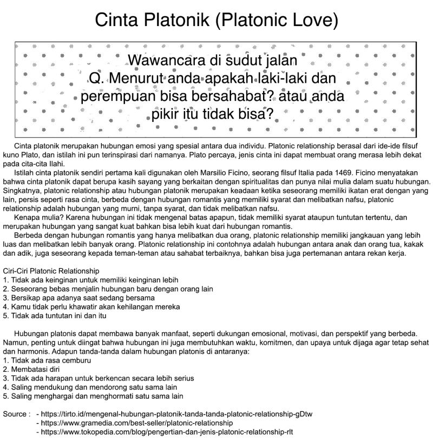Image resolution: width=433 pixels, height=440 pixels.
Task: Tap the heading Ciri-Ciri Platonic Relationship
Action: point(51,270)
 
